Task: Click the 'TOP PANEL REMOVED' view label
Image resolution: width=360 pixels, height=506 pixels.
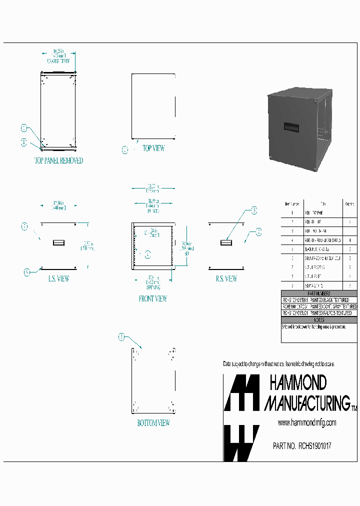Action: tap(58, 161)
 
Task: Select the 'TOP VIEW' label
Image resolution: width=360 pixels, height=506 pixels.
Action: tap(153, 148)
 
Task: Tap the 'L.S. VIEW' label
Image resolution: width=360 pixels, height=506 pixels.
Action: tap(58, 279)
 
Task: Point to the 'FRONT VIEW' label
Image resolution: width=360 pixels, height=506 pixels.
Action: tap(153, 299)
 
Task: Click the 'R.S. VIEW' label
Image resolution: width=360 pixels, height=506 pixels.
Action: tap(226, 279)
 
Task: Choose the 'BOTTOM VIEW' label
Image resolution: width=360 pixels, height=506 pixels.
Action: tap(153, 423)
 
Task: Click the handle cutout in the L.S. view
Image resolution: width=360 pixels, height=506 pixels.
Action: tap(59, 242)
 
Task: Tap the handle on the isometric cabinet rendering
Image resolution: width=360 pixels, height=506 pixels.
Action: tap(291, 127)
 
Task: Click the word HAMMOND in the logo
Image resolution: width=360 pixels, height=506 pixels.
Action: tap(298, 383)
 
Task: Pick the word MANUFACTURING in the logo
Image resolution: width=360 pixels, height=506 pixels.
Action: tap(306, 402)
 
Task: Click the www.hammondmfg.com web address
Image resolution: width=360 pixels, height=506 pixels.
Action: tap(307, 423)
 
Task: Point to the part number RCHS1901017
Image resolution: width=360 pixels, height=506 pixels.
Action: tap(302, 446)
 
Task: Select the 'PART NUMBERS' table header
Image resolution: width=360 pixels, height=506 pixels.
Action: tap(319, 293)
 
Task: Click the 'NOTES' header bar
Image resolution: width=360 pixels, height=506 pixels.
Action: tap(319, 320)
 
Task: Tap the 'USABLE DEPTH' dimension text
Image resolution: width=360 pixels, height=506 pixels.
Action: tap(58, 60)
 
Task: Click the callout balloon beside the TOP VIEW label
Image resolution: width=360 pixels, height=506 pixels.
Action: tap(125, 150)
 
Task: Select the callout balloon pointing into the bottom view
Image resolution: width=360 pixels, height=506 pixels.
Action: tap(121, 337)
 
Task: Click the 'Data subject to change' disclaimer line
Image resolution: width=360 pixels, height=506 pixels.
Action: tap(278, 363)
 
